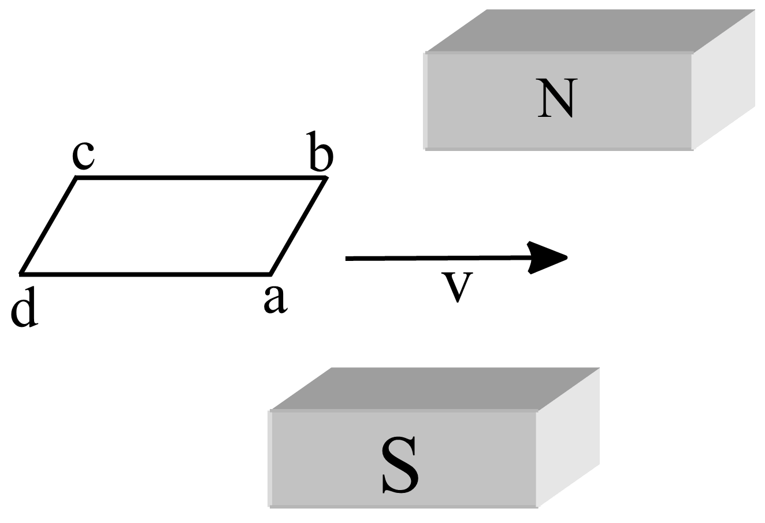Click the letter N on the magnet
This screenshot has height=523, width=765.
555,98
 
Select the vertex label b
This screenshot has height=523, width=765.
321,152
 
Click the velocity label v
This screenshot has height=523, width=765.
457,286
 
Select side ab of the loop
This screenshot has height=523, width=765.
298,225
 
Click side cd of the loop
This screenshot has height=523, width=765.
49,225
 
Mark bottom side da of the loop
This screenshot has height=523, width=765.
144,272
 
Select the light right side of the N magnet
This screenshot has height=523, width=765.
723,81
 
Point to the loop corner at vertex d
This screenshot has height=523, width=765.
21,272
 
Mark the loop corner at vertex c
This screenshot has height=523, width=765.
77,178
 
